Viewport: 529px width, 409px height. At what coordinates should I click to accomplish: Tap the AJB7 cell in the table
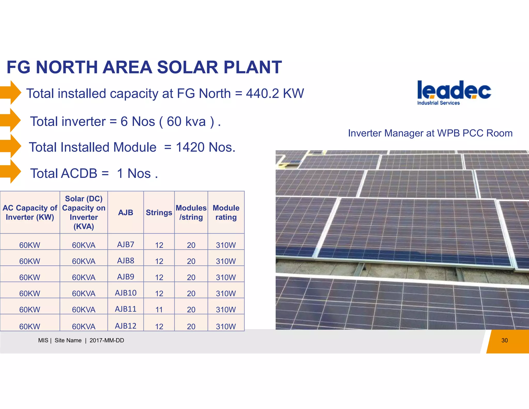click(126, 244)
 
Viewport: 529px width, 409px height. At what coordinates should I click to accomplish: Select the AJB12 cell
click(126, 326)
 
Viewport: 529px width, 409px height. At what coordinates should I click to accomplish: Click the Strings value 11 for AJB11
click(159, 309)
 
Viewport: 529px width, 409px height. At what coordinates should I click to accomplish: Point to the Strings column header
click(159, 213)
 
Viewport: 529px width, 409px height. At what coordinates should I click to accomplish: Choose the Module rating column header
click(226, 213)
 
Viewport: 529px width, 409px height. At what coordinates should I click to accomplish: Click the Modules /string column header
click(191, 213)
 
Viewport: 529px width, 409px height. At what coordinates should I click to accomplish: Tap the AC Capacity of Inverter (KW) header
click(30, 213)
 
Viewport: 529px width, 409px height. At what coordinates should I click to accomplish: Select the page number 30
click(504, 340)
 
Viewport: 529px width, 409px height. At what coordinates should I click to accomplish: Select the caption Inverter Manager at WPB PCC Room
click(430, 133)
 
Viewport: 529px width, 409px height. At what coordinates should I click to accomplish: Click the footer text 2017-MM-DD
click(107, 340)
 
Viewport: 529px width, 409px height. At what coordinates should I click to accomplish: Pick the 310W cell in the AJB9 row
click(226, 277)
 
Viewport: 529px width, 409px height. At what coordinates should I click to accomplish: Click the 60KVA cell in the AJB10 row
click(84, 293)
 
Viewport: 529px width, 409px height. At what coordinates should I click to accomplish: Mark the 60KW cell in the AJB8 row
click(30, 261)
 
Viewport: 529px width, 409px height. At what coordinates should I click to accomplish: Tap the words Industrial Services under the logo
click(438, 103)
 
